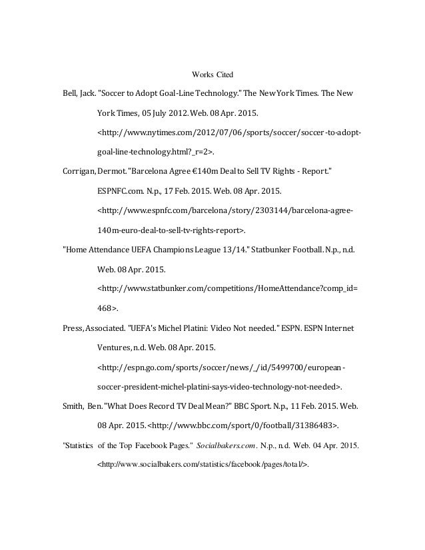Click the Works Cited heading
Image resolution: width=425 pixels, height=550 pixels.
[212, 73]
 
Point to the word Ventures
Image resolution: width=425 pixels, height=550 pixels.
[114, 347]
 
